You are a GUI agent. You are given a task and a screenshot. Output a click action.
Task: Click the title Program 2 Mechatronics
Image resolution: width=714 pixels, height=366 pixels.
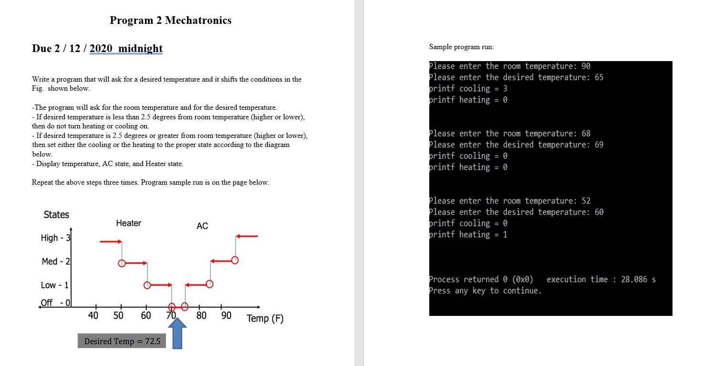point(170,20)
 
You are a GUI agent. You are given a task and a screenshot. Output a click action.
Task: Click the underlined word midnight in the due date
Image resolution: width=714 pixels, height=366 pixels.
point(140,49)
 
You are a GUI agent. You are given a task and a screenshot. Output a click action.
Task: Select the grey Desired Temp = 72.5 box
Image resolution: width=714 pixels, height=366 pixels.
point(122,341)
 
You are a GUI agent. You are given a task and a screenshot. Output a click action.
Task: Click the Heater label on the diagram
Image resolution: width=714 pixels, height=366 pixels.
point(128,223)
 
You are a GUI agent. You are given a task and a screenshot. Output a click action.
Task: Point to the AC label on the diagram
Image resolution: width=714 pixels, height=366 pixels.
point(202,226)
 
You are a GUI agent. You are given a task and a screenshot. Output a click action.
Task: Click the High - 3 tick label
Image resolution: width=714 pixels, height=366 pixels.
point(55,238)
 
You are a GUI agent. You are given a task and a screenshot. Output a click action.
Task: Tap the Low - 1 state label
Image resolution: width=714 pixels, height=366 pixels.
point(55,285)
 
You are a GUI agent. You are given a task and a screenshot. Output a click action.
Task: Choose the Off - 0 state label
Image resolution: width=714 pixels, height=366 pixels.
point(55,303)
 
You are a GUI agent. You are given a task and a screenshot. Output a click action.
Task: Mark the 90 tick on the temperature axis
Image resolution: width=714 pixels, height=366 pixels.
point(227,315)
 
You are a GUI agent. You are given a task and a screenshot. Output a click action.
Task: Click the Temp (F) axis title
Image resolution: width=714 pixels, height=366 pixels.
point(265,319)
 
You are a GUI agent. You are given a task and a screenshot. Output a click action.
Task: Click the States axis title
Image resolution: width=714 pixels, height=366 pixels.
point(56,215)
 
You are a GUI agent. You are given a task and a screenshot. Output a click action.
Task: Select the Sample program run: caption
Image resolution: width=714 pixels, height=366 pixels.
point(461,47)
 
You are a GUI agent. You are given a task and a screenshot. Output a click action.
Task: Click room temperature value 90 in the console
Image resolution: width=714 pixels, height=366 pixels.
point(585,66)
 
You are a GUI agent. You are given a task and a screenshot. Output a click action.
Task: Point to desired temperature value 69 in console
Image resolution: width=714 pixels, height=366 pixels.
point(599,145)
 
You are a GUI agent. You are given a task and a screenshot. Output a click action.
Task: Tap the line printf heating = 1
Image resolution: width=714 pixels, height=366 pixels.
point(468,234)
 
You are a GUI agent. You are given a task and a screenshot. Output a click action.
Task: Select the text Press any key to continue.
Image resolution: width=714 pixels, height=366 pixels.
point(485,291)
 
